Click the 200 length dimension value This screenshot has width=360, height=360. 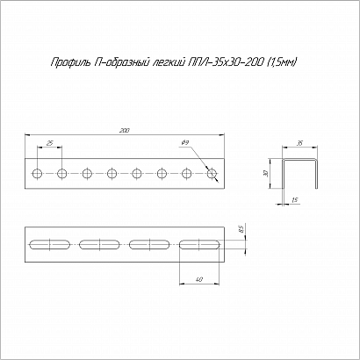(x=126, y=131)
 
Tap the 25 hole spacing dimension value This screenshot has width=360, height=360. (x=50, y=143)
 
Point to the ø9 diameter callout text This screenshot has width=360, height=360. (x=185, y=142)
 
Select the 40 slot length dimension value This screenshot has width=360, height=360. (x=199, y=279)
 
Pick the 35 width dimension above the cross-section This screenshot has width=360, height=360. (x=300, y=143)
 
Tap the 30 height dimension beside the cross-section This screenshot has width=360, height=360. (x=265, y=174)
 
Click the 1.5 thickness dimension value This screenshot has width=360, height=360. (x=295, y=200)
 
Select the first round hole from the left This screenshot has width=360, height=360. (x=37, y=174)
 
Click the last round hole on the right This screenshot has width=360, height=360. (x=212, y=174)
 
